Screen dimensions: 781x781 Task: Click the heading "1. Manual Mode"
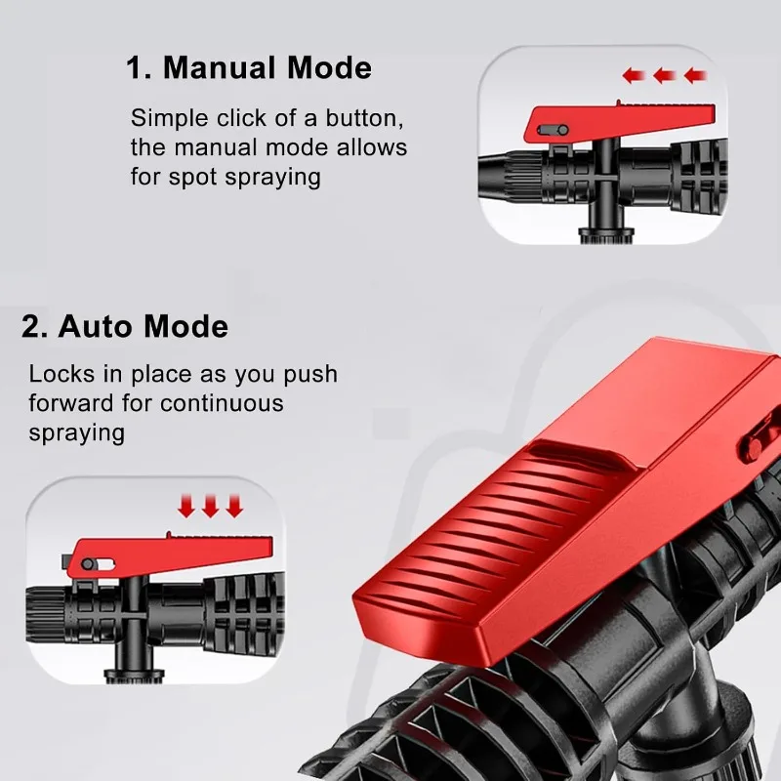(249, 68)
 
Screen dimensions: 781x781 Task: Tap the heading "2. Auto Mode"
(125, 326)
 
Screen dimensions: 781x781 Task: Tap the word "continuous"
(222, 403)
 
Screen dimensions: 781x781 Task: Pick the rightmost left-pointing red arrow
(694, 75)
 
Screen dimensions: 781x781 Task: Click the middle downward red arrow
(210, 506)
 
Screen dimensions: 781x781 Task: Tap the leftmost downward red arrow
(186, 506)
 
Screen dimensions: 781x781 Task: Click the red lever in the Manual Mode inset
(596, 122)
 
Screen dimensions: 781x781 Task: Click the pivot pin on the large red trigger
(755, 445)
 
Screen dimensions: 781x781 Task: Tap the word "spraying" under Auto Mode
(77, 432)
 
